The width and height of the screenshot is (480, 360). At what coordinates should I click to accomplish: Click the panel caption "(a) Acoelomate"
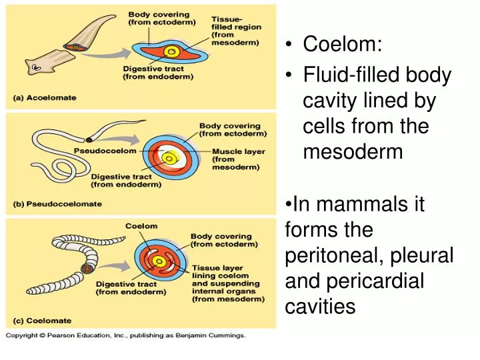[45, 98]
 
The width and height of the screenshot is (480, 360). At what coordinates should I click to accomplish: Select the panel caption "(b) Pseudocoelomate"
[59, 204]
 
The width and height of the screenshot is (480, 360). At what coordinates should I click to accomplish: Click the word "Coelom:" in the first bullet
[343, 45]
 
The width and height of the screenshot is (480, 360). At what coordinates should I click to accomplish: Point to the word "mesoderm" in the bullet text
[353, 152]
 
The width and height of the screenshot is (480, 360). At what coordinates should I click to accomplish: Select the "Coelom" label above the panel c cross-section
[141, 226]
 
